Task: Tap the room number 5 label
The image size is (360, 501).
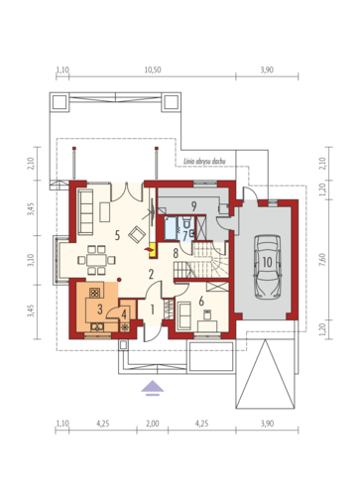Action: tap(117, 235)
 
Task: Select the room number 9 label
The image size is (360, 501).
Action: tap(193, 206)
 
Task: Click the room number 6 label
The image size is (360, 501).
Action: tap(201, 301)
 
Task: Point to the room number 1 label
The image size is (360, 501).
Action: tap(152, 310)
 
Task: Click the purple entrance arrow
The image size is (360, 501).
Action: tap(153, 388)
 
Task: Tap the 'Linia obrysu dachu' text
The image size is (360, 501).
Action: tap(204, 162)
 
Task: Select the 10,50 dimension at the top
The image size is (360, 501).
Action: tap(153, 69)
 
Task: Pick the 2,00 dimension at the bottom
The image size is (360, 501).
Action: tap(153, 424)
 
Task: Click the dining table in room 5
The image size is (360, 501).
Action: tap(96, 260)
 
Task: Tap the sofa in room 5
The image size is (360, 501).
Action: tap(85, 212)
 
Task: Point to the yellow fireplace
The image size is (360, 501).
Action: tap(153, 250)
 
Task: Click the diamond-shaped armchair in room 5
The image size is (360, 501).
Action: tap(137, 234)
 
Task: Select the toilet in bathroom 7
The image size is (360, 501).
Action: tap(186, 222)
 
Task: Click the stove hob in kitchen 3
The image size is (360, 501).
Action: tap(94, 293)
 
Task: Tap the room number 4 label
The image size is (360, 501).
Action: tap(124, 314)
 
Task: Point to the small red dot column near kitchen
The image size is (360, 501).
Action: tap(119, 280)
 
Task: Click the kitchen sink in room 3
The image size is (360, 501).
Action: tap(97, 327)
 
